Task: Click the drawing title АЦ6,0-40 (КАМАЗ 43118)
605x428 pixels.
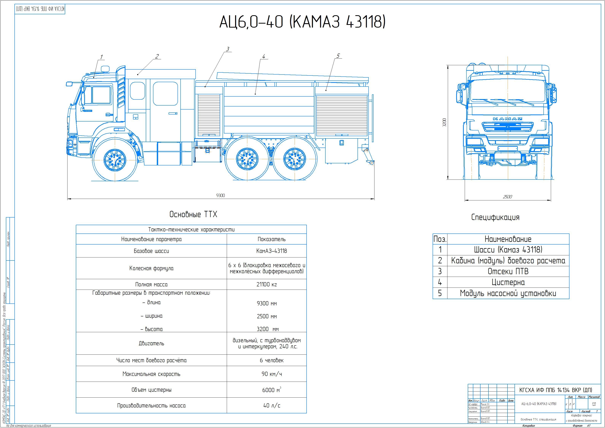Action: [x=302, y=22]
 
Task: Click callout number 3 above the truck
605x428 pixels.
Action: [x=228, y=49]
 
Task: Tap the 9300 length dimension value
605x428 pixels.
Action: [x=220, y=195]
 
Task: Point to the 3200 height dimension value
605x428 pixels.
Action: [x=444, y=122]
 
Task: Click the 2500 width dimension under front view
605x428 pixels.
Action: [x=507, y=197]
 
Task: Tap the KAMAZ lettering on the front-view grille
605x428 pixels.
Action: [x=507, y=119]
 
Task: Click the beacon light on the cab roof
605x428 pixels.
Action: [x=105, y=69]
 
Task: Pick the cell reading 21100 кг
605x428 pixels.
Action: [x=267, y=284]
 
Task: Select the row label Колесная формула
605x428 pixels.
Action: [x=151, y=268]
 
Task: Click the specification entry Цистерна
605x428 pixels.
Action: [x=508, y=282]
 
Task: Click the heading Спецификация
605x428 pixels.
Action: [x=495, y=218]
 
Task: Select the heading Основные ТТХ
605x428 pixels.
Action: [x=193, y=214]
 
